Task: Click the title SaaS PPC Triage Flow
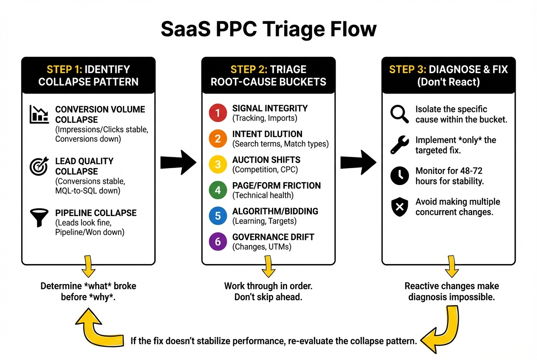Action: pyautogui.click(x=268, y=29)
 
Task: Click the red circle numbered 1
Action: pyautogui.click(x=218, y=113)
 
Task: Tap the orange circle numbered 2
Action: pyautogui.click(x=218, y=139)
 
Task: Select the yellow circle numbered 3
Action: pyautogui.click(x=218, y=164)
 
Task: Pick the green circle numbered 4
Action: pyautogui.click(x=218, y=190)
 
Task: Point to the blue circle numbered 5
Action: pyautogui.click(x=218, y=216)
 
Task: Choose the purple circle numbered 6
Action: pyautogui.click(x=218, y=242)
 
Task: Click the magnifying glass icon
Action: pyautogui.click(x=399, y=114)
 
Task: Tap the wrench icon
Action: pyautogui.click(x=399, y=145)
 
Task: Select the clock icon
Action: pyautogui.click(x=399, y=175)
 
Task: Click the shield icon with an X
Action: pyautogui.click(x=399, y=207)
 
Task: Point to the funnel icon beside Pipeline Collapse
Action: pyautogui.click(x=39, y=217)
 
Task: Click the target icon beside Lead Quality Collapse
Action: pyautogui.click(x=39, y=166)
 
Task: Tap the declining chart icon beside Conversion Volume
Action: pyautogui.click(x=39, y=114)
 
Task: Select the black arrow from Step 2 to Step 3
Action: pyautogui.click(x=359, y=162)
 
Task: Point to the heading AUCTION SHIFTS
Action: pyautogui.click(x=266, y=160)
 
